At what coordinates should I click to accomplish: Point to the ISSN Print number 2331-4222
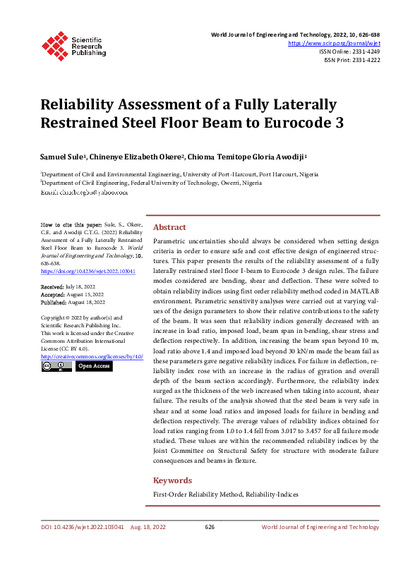(x=365, y=60)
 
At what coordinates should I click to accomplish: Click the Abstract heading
(x=169, y=227)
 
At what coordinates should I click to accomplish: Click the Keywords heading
(x=172, y=480)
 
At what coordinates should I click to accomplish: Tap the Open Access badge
(x=94, y=366)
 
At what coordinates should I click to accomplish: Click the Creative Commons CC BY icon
(x=56, y=366)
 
